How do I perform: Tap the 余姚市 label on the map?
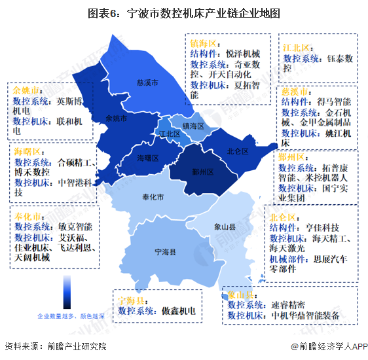click(117, 118)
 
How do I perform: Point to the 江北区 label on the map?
click(169, 134)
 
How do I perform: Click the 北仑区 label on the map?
click(238, 151)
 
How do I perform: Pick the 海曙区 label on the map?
click(148, 158)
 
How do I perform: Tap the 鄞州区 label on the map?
click(204, 171)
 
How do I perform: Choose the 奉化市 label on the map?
click(152, 197)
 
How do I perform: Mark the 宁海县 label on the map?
click(165, 251)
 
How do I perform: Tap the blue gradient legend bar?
click(67, 291)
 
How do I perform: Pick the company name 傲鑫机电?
click(179, 311)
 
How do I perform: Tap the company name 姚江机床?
click(334, 134)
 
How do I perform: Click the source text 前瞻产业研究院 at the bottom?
click(73, 346)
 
